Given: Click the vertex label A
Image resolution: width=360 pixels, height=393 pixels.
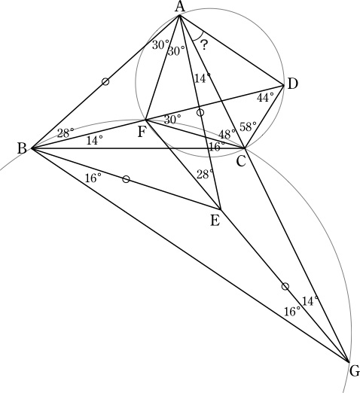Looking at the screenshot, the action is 180,7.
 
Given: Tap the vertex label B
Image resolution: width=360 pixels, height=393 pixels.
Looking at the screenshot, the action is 22,148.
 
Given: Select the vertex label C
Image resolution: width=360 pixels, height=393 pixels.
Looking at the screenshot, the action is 241,162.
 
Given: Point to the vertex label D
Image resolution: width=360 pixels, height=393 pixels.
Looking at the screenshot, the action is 292,84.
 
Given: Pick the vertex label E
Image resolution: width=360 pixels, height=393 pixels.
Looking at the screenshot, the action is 215,221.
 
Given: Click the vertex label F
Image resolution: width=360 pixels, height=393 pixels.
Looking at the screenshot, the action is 142,132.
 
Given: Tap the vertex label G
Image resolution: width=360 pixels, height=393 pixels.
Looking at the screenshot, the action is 355,371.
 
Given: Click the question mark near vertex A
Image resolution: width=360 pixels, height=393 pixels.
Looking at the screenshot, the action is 204,45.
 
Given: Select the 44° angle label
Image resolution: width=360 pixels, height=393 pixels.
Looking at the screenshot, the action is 265,98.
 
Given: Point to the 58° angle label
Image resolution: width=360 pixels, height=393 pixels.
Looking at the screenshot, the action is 248,126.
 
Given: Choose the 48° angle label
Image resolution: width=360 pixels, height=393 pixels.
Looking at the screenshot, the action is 227,134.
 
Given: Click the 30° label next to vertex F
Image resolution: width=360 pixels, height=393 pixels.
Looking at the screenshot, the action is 172,120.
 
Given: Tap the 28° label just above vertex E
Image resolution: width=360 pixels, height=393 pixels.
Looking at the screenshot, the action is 205,174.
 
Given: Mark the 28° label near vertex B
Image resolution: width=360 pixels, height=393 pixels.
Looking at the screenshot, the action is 66,133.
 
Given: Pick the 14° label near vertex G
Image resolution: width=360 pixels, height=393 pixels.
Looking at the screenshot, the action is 310,301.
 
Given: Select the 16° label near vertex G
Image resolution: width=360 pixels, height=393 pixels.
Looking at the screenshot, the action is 292,312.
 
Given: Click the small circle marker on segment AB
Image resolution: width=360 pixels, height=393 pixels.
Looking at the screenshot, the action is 105,81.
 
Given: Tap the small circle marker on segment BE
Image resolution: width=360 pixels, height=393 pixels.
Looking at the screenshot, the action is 126,179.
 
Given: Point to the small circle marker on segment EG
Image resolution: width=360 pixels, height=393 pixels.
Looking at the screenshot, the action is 285,286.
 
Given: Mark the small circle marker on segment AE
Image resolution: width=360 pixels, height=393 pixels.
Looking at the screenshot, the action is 200,112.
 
